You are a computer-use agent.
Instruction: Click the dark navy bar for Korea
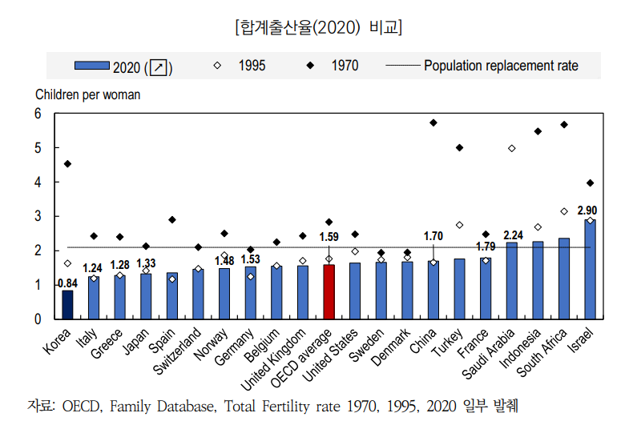(67, 305)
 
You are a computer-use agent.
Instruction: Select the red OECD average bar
(329, 292)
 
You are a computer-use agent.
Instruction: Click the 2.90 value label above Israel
(587, 210)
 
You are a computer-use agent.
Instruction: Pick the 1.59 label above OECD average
(329, 237)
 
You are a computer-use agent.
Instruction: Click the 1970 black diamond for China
(433, 122)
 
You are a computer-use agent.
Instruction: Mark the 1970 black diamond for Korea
(67, 164)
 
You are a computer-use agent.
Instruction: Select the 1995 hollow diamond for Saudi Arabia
(511, 149)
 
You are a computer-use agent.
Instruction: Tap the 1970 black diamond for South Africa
(564, 125)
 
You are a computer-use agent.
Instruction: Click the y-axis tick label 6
(37, 114)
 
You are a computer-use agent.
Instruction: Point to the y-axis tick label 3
(37, 217)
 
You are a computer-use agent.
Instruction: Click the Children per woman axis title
(88, 94)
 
